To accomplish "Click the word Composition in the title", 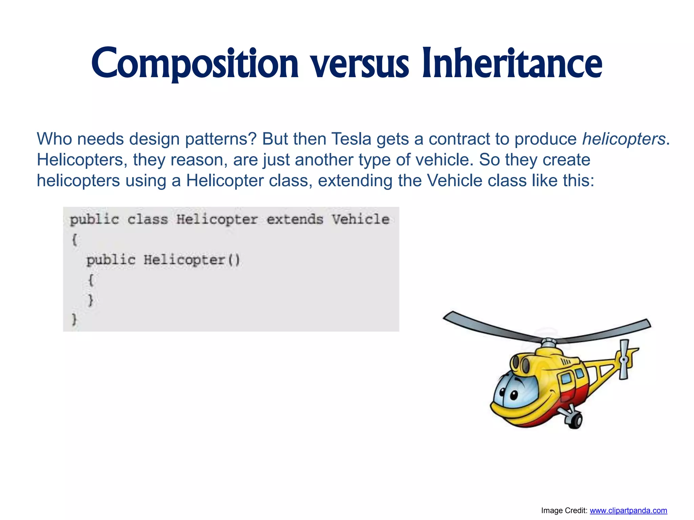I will pyautogui.click(x=195, y=64).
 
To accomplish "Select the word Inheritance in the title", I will pyautogui.click(x=512, y=64).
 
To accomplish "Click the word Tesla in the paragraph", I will pyautogui.click(x=351, y=139).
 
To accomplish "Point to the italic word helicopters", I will pyautogui.click(x=624, y=139).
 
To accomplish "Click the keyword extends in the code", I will pyautogui.click(x=295, y=219).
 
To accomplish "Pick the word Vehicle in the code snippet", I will pyautogui.click(x=360, y=219).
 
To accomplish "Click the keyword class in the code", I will pyautogui.click(x=147, y=219).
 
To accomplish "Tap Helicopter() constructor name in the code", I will pyautogui.click(x=191, y=260).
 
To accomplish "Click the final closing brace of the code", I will pyautogui.click(x=74, y=319).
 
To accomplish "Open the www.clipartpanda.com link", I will pyautogui.click(x=628, y=510).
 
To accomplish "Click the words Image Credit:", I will pyautogui.click(x=564, y=510).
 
